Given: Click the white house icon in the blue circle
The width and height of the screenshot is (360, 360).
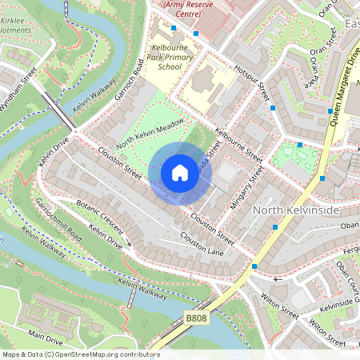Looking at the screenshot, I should pyautogui.click(x=180, y=172).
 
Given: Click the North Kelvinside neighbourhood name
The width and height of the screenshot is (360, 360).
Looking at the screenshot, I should pyautogui.click(x=296, y=210).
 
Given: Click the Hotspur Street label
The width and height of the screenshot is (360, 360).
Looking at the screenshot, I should pyautogui.click(x=250, y=81).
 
